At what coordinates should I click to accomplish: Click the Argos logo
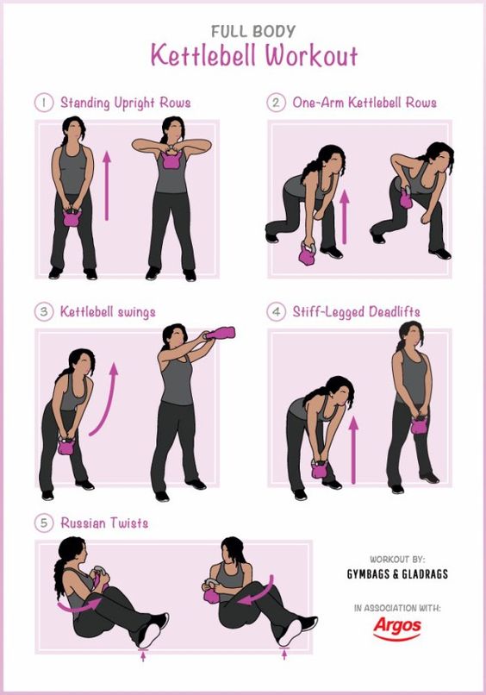click(397, 629)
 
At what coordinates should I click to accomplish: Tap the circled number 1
click(44, 103)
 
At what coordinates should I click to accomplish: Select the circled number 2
click(276, 103)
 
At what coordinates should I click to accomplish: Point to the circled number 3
click(44, 311)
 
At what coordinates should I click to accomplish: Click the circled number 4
click(276, 311)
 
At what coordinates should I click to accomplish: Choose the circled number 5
click(44, 523)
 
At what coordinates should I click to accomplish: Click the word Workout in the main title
click(311, 56)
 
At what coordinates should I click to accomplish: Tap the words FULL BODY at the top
click(253, 31)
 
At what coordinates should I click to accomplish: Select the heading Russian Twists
click(104, 523)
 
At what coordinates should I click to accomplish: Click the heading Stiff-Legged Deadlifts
click(356, 312)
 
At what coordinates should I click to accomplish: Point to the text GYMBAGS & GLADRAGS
click(397, 574)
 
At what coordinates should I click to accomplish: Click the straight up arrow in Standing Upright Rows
click(106, 185)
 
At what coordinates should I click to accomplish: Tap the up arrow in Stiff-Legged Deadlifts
click(353, 449)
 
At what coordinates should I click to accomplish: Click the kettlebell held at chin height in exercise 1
click(171, 160)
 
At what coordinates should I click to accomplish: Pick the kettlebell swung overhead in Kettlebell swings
click(221, 333)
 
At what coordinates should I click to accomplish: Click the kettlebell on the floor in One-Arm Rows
click(307, 254)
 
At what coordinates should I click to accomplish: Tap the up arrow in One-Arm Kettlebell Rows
click(344, 216)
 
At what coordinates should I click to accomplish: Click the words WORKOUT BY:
click(397, 560)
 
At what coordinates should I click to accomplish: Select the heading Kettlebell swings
click(108, 312)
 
